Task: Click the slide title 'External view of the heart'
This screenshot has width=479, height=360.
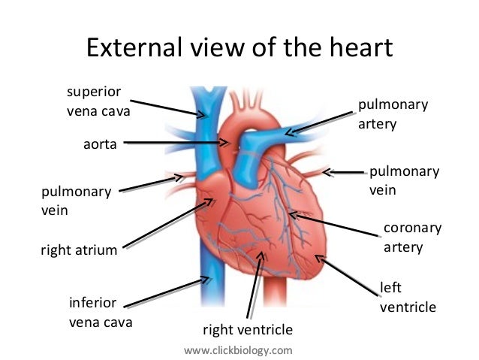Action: (239, 48)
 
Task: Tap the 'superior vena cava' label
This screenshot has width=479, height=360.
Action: (98, 102)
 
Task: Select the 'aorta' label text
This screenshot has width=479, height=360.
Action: (100, 143)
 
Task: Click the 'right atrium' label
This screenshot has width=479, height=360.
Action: (79, 250)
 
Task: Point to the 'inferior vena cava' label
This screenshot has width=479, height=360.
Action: (101, 313)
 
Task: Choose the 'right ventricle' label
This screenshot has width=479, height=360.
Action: (247, 329)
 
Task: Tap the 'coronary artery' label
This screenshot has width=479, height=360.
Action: (413, 237)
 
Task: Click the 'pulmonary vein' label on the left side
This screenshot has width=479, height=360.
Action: (76, 201)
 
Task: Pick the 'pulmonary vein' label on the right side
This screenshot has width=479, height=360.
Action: (404, 180)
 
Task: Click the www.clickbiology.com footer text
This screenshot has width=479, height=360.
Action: (238, 349)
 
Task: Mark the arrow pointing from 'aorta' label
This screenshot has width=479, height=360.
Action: (176, 141)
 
